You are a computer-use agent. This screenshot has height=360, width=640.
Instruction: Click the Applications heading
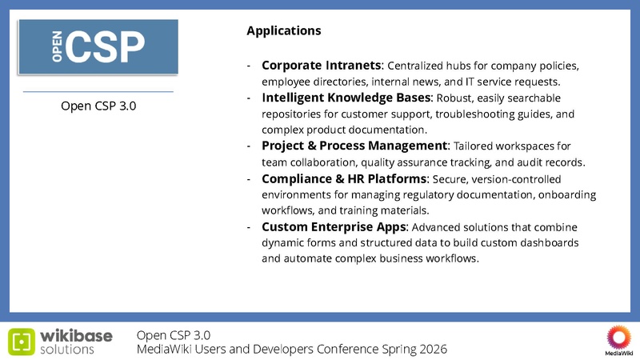coord(284,31)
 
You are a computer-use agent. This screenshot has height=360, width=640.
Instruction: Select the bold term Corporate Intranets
coord(322,65)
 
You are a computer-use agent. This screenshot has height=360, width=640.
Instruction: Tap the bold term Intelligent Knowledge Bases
coord(346,98)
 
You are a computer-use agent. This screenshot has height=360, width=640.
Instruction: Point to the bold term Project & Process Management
coord(354,146)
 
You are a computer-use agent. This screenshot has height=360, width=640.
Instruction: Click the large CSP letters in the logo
coord(106,46)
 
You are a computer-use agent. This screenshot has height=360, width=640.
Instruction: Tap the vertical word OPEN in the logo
coord(58,47)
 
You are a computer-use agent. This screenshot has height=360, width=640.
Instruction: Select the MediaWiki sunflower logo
coord(618,336)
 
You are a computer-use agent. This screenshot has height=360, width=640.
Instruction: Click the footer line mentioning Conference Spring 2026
coord(291,350)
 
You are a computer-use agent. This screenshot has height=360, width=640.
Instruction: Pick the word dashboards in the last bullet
coord(547,242)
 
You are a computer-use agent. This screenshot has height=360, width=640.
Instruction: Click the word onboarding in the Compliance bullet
coord(562,194)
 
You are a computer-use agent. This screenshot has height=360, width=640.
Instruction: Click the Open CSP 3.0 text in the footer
coord(174,334)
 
